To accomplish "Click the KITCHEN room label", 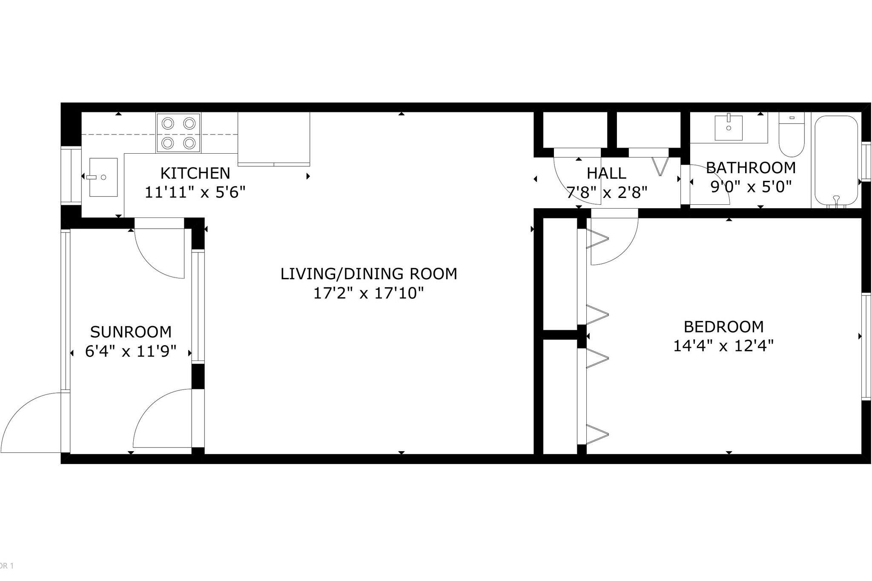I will click(x=195, y=173).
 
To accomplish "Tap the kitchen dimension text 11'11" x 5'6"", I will click(x=195, y=192).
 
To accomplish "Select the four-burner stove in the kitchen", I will click(x=178, y=133).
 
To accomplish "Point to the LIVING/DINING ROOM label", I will click(x=369, y=274).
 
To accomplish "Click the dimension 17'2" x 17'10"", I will click(x=369, y=293).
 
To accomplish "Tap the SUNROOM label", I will click(x=131, y=332).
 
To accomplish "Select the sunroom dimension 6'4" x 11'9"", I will click(x=131, y=352).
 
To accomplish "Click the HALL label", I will click(x=606, y=173).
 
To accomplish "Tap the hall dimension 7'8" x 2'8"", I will click(x=606, y=192).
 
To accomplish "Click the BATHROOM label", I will click(x=751, y=168).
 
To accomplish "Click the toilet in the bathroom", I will click(x=792, y=135).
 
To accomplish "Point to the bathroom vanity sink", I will click(x=729, y=127).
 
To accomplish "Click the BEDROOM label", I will click(x=723, y=326).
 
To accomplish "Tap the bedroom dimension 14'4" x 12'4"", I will click(x=723, y=346).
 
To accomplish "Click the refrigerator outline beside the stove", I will click(x=273, y=138).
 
